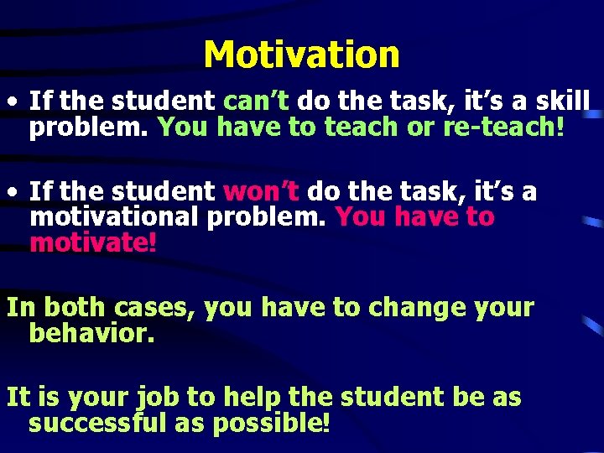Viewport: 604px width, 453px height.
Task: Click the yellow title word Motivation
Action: (x=301, y=55)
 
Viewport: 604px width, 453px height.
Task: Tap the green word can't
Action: (x=256, y=102)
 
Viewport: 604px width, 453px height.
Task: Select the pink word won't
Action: (x=261, y=192)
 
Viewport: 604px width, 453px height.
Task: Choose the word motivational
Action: (x=113, y=217)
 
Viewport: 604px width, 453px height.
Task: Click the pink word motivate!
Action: (x=92, y=242)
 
